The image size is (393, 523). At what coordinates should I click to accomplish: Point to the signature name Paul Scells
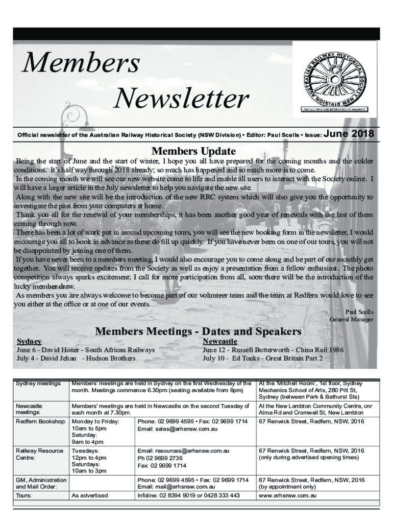point(359,312)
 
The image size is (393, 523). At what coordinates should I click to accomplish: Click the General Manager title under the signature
point(352,319)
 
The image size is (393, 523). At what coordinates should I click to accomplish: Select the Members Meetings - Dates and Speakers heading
point(198,331)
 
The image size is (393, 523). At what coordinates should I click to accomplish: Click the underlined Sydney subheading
point(30,341)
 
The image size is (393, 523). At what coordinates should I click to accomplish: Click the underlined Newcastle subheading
point(220,341)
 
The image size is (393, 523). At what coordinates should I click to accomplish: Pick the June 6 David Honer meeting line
point(86,350)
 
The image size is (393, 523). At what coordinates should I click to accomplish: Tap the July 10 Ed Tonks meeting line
point(262,359)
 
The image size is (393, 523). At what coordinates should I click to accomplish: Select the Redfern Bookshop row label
point(41,421)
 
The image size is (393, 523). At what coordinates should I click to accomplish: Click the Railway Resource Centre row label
point(40,455)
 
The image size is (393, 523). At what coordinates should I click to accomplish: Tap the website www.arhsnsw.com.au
point(288,495)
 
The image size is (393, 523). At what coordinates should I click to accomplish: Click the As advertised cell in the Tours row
point(90,495)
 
